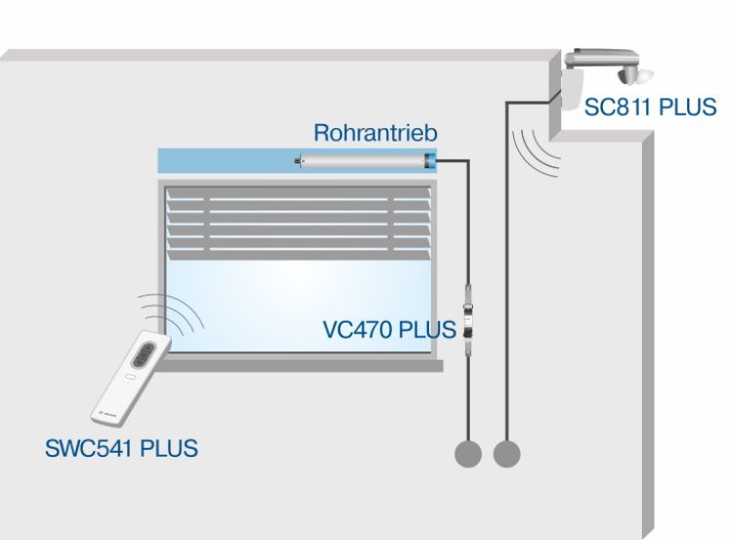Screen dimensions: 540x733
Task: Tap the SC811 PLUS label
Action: pyautogui.click(x=650, y=107)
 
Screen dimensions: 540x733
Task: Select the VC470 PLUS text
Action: pyautogui.click(x=389, y=329)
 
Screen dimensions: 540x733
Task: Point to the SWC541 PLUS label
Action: pyautogui.click(x=121, y=449)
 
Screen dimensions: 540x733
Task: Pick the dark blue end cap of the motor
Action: pyautogui.click(x=430, y=161)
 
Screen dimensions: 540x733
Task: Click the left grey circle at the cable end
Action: pyautogui.click(x=469, y=453)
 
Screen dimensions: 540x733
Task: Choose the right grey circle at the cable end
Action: pyautogui.click(x=506, y=453)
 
